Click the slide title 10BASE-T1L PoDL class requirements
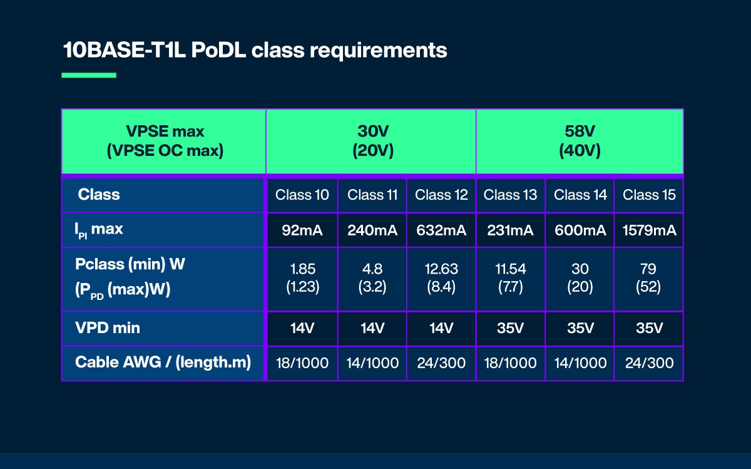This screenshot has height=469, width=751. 255,50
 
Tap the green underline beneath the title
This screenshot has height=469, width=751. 89,75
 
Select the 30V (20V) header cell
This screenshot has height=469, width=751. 371,142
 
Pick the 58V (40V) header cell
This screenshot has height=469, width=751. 580,142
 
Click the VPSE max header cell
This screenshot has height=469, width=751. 164,142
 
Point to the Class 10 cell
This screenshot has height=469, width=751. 302,195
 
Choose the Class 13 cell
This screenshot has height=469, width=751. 511,195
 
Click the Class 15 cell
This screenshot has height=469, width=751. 649,195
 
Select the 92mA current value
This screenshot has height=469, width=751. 302,230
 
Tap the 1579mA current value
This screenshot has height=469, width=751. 649,230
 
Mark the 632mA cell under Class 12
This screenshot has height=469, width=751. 441,230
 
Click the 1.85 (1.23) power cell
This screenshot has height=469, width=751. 302,278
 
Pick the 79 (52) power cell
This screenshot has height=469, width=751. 649,278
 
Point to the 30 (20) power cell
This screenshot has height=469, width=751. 580,278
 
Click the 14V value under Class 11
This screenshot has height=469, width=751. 372,328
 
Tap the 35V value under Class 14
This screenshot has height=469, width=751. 580,328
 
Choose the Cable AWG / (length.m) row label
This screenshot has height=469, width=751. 163,363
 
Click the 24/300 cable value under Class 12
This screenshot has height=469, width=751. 441,363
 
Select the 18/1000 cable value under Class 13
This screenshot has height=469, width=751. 511,363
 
